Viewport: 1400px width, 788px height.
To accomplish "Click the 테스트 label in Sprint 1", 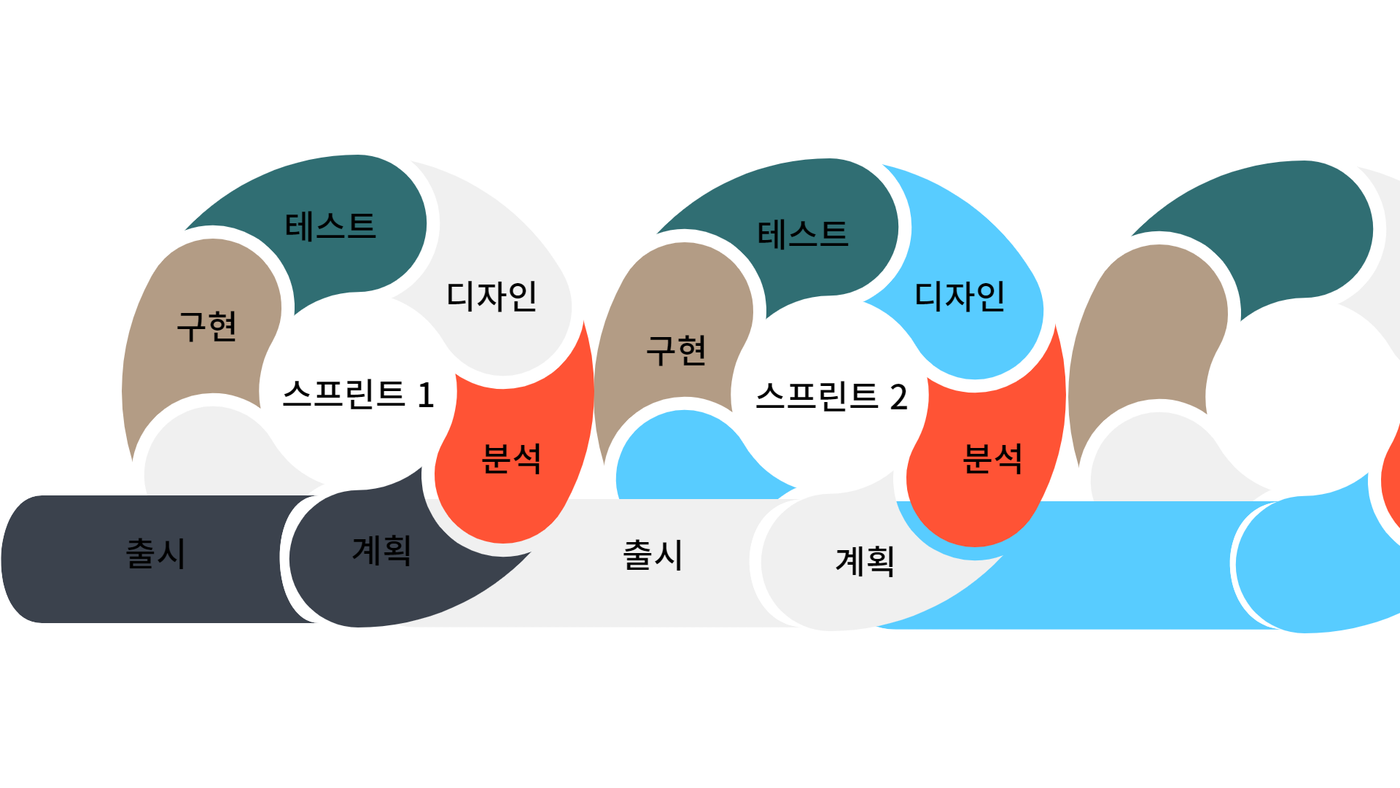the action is (x=330, y=226).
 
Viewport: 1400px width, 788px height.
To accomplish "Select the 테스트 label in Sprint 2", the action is (x=803, y=234).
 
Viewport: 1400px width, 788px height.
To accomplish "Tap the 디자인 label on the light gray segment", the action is (x=491, y=296).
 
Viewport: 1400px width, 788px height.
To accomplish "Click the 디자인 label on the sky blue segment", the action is (x=960, y=296).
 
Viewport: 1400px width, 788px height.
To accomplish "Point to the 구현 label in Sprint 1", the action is (x=206, y=326).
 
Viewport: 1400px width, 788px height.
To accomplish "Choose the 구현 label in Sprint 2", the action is (x=676, y=350).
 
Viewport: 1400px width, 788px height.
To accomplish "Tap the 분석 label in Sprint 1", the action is (x=511, y=459).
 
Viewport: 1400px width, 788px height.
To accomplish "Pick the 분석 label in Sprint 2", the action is (x=992, y=459).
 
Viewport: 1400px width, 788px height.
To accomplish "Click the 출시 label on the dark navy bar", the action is (x=155, y=553).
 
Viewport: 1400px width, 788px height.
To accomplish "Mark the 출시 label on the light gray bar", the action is (x=653, y=555).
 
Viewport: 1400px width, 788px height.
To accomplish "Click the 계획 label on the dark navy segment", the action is (x=381, y=550).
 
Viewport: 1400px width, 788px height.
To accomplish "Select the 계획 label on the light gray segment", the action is (x=865, y=561).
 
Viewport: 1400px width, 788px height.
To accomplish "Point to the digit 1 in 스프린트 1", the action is (x=426, y=395).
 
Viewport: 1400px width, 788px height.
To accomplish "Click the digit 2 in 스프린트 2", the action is (x=898, y=398).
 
